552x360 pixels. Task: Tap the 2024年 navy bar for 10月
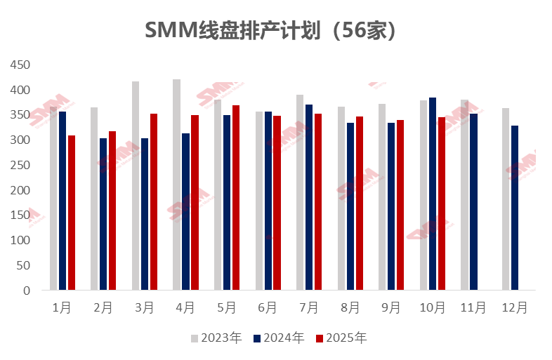(433, 194)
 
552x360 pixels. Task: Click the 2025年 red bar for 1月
(72, 213)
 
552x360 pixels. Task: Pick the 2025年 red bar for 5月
(236, 197)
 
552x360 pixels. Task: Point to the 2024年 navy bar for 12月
(515, 208)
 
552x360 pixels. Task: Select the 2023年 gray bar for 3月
(136, 186)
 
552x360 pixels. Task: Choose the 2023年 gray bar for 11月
(464, 195)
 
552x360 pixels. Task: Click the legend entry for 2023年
(216, 338)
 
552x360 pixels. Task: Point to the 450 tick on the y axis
(21, 65)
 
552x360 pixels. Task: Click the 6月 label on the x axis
(268, 307)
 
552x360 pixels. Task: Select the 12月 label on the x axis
(515, 307)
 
